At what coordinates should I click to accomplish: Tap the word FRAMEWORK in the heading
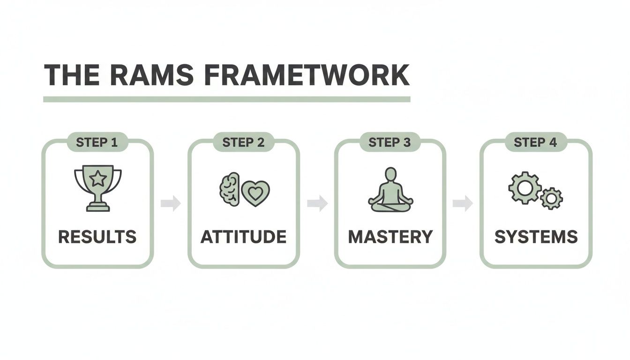click(308, 75)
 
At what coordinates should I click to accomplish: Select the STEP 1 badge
click(97, 142)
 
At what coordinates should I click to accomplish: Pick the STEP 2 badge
click(243, 142)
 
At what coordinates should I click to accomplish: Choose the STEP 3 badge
click(390, 142)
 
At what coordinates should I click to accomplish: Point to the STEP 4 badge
click(535, 142)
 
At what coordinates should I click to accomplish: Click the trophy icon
click(98, 187)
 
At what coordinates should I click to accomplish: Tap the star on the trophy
click(98, 178)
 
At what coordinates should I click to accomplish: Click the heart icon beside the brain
click(255, 192)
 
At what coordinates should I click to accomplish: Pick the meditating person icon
click(390, 190)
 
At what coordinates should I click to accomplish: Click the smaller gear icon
click(551, 198)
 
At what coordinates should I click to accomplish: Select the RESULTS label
click(97, 237)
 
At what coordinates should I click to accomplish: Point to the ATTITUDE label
click(243, 237)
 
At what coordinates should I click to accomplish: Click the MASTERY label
click(390, 237)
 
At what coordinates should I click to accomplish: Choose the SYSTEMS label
click(536, 237)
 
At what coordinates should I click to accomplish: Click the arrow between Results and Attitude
click(171, 203)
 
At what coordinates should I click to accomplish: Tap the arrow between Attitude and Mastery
click(317, 203)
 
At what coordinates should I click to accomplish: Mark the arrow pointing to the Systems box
click(463, 203)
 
